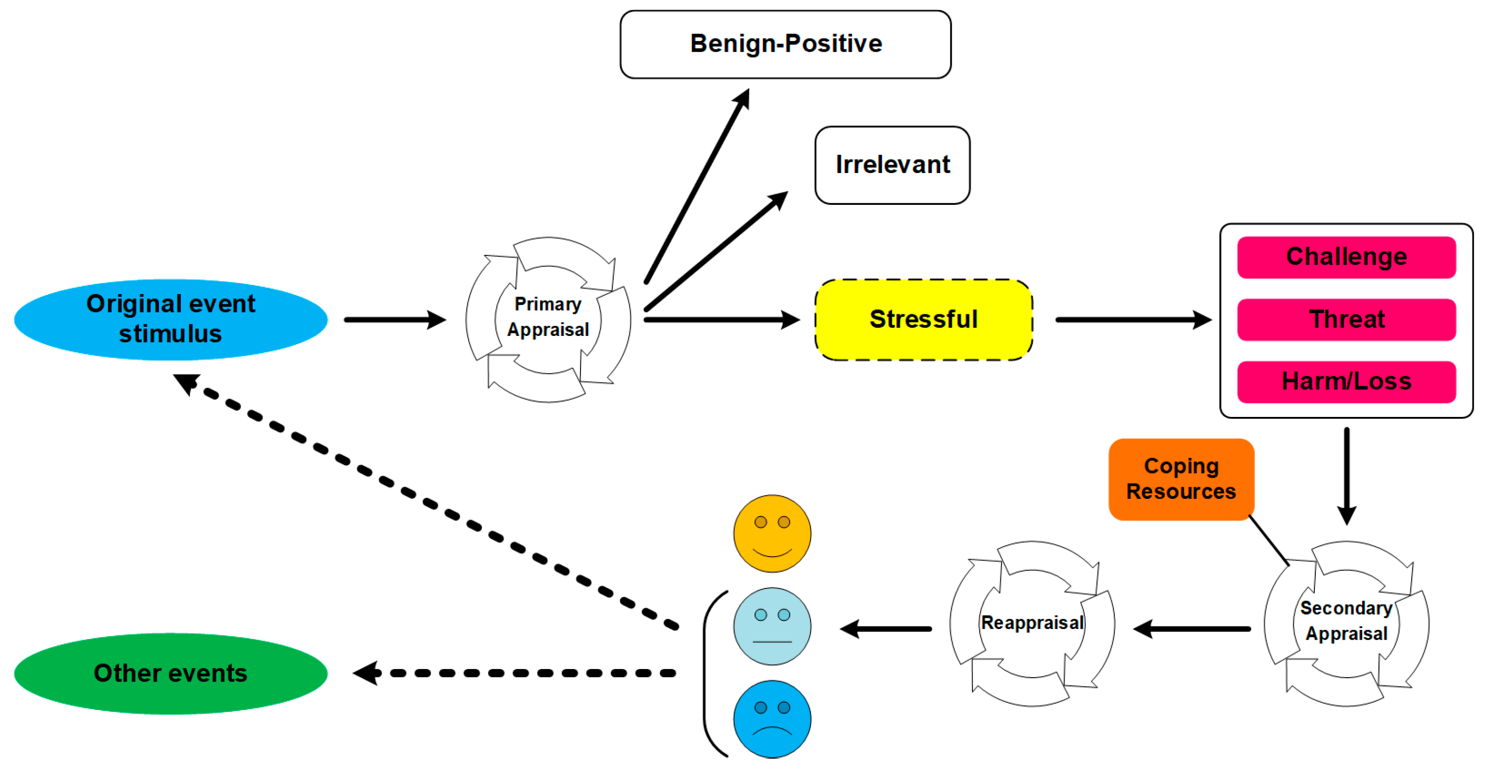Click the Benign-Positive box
click(785, 44)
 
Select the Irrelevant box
click(892, 165)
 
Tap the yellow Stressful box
click(923, 320)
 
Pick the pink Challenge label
click(1346, 257)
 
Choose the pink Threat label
click(1346, 320)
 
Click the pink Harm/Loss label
click(1346, 382)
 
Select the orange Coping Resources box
click(1181, 479)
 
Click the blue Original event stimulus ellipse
click(171, 320)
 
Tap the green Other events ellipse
click(171, 673)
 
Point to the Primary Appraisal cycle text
click(548, 317)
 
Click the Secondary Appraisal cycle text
click(1346, 621)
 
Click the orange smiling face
click(772, 533)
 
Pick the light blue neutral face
click(772, 626)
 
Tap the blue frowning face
click(772, 719)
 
